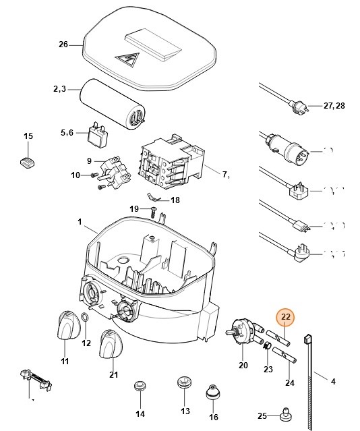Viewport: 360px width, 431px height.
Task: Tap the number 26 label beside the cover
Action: pos(63,45)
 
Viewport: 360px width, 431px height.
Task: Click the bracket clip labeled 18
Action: pos(155,199)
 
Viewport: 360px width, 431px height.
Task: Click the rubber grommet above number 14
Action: pos(140,386)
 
